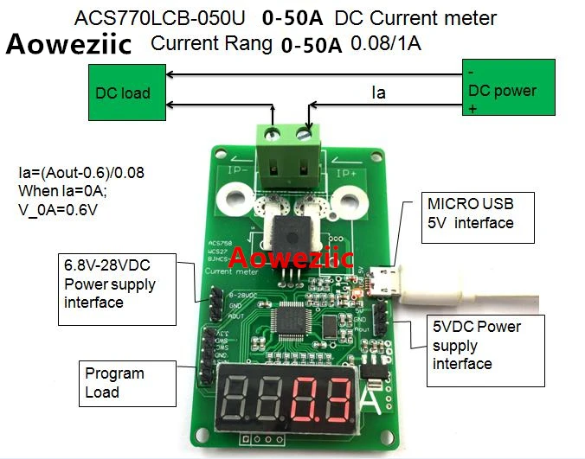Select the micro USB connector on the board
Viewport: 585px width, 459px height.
(x=377, y=282)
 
